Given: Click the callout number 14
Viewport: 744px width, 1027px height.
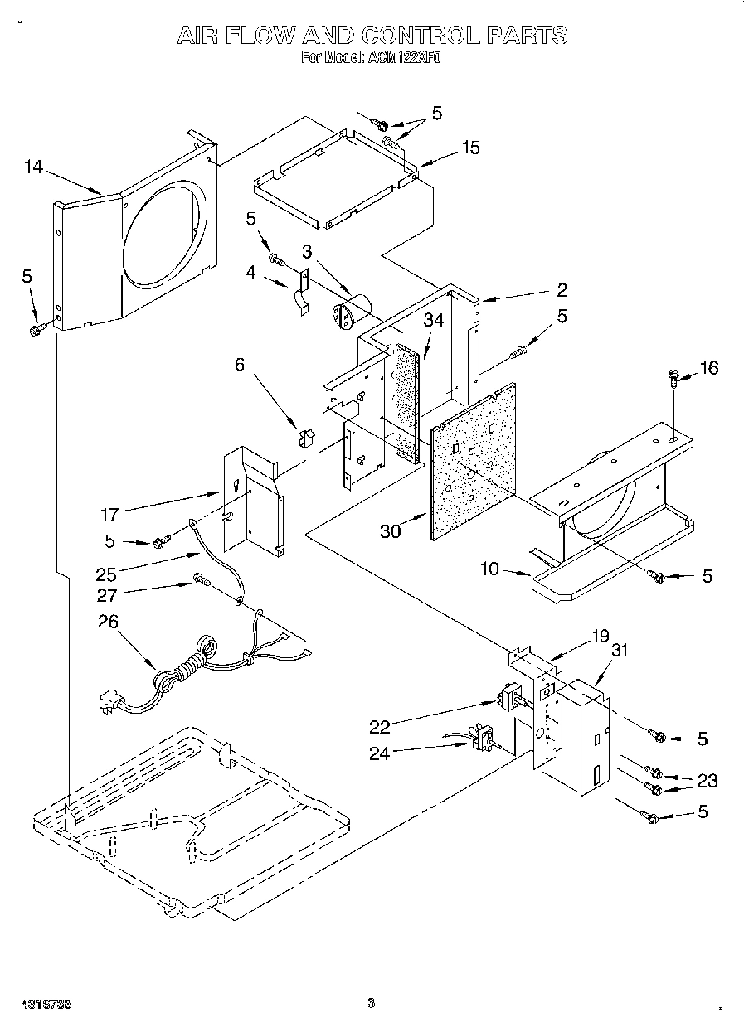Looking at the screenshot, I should pyautogui.click(x=33, y=167).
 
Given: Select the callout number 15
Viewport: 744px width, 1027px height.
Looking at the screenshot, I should pyautogui.click(x=470, y=148).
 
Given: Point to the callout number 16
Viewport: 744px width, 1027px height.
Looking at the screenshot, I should pyautogui.click(x=709, y=367).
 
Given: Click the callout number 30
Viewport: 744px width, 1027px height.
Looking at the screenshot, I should pyautogui.click(x=391, y=531).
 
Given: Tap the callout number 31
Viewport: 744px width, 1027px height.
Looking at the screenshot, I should pyautogui.click(x=619, y=651).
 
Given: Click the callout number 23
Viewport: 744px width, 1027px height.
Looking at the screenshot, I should pyautogui.click(x=708, y=780).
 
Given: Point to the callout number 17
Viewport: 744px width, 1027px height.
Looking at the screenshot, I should pyautogui.click(x=109, y=515).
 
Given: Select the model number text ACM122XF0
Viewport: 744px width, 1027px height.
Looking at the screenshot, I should pyautogui.click(x=401, y=58).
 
